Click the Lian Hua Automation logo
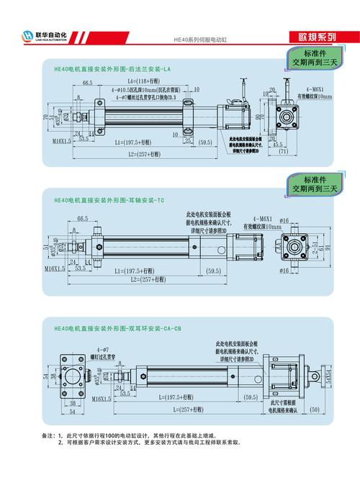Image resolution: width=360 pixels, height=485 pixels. click(50, 35)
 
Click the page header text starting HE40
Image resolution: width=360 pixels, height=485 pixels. click(200, 41)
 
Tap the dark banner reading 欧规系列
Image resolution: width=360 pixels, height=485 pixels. click(316, 37)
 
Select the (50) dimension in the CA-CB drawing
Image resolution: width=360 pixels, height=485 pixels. click(313, 409)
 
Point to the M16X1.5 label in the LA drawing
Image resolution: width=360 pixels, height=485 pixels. click(62, 142)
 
